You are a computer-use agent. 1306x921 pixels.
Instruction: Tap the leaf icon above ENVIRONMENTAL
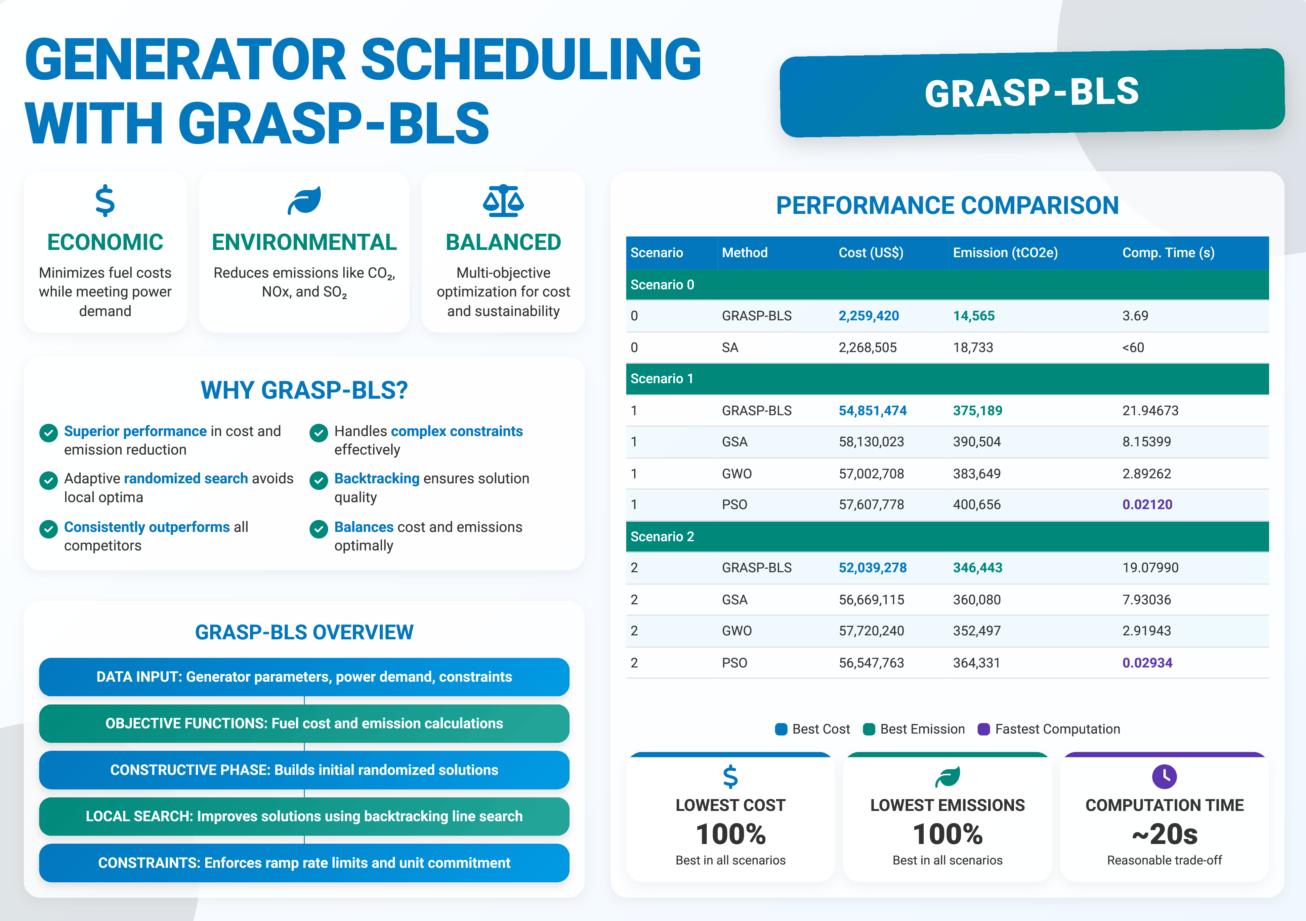pyautogui.click(x=304, y=201)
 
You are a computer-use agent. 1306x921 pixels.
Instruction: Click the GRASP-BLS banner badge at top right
pyautogui.click(x=1031, y=93)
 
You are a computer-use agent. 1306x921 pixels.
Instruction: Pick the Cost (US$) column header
pyautogui.click(x=870, y=253)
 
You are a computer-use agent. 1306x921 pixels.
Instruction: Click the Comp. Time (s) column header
pyautogui.click(x=1168, y=253)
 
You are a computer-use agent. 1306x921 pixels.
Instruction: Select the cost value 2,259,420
pyautogui.click(x=868, y=315)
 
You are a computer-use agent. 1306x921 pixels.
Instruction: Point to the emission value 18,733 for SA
pyautogui.click(x=973, y=347)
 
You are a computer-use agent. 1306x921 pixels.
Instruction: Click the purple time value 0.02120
pyautogui.click(x=1147, y=504)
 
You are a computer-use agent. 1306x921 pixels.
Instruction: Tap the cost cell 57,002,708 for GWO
pyautogui.click(x=871, y=474)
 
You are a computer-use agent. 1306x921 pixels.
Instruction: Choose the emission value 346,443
pyautogui.click(x=977, y=567)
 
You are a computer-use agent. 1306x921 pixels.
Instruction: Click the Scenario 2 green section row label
pyautogui.click(x=662, y=536)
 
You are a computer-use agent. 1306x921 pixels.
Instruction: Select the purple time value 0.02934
pyautogui.click(x=1147, y=662)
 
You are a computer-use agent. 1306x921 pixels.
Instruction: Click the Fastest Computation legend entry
pyautogui.click(x=1056, y=729)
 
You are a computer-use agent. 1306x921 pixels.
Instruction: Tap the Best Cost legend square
pyautogui.click(x=781, y=729)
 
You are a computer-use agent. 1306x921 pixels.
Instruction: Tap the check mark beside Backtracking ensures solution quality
pyautogui.click(x=318, y=480)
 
